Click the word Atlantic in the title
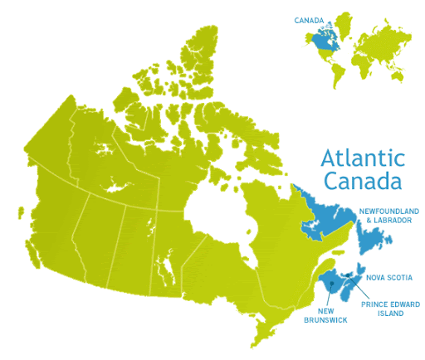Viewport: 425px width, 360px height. (x=363, y=158)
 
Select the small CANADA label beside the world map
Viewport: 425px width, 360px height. (x=309, y=21)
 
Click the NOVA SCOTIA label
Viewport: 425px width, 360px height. (x=388, y=277)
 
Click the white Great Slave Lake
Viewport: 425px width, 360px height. (x=115, y=190)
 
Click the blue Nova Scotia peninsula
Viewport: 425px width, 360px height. (x=353, y=291)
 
